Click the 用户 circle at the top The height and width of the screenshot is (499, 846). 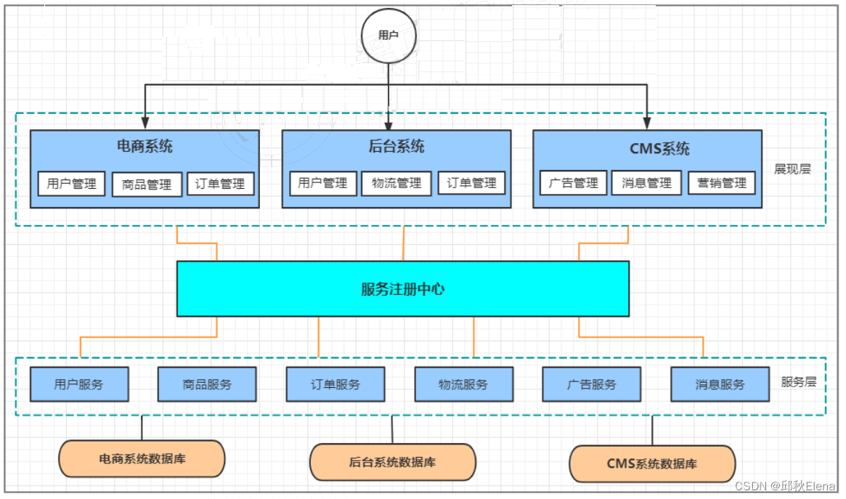click(389, 35)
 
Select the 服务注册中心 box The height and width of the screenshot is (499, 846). click(403, 289)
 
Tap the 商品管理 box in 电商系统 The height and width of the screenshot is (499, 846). click(147, 184)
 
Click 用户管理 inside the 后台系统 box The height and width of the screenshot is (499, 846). click(322, 183)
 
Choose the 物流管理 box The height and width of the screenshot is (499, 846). click(396, 183)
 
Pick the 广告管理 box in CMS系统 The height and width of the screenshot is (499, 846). click(574, 183)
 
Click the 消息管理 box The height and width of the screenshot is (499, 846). click(647, 183)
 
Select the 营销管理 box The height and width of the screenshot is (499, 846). click(722, 183)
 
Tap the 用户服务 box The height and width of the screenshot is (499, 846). click(79, 384)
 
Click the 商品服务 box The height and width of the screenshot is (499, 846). click(207, 384)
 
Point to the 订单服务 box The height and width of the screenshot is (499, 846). click(335, 384)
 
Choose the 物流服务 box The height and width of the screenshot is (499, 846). click(463, 384)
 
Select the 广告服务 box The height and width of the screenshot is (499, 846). click(592, 384)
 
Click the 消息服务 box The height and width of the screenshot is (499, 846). click(720, 384)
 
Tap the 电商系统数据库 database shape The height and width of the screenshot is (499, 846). click(142, 458)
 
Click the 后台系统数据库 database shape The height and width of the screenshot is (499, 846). click(393, 462)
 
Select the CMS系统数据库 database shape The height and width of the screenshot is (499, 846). click(652, 464)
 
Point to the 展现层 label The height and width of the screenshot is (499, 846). click(792, 169)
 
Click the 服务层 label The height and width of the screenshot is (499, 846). click(799, 381)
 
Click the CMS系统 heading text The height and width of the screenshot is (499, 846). click(659, 149)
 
